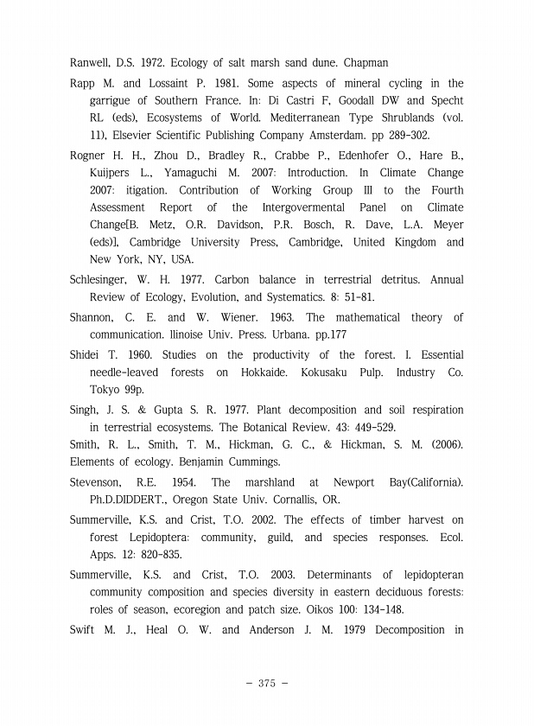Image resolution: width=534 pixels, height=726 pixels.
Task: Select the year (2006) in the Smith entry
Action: (441, 445)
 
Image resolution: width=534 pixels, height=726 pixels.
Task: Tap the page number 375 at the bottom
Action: (266, 685)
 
